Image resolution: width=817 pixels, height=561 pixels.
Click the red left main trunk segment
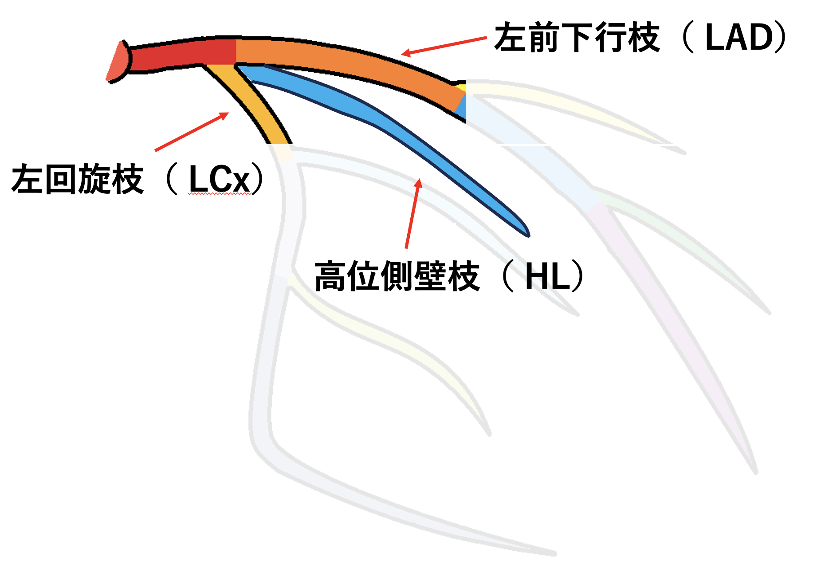pyautogui.click(x=182, y=55)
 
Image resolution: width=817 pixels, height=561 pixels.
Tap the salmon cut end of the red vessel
pyautogui.click(x=117, y=62)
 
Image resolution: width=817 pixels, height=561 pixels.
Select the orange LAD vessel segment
pyautogui.click(x=346, y=62)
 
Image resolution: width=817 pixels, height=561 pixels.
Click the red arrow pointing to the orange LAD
pyautogui.click(x=444, y=46)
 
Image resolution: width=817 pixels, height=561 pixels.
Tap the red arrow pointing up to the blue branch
pyautogui.click(x=412, y=213)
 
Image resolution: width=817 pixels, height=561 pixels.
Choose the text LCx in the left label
pyautogui.click(x=219, y=179)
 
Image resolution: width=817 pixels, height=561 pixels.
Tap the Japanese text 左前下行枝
pyautogui.click(x=577, y=38)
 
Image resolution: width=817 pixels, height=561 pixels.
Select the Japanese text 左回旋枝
pyautogui.click(x=78, y=179)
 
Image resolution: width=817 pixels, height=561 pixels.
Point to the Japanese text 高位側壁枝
pyautogui.click(x=397, y=276)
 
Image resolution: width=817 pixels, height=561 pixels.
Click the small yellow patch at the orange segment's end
pyautogui.click(x=462, y=87)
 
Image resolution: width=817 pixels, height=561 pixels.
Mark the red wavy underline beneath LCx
pyautogui.click(x=219, y=194)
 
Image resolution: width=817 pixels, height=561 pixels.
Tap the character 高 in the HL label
pyautogui.click(x=330, y=276)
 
